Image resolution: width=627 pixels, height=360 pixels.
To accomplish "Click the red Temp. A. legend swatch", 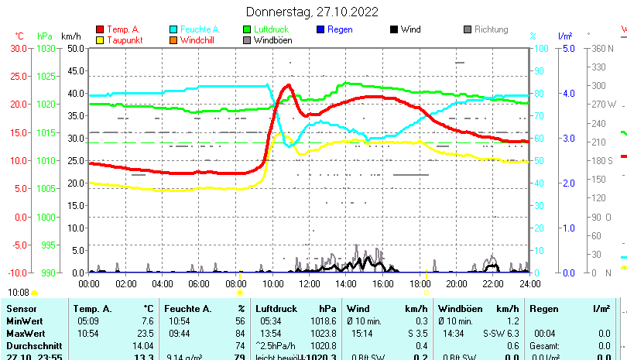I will click(99, 29).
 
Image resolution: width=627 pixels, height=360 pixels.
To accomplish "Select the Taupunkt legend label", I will click(124, 39).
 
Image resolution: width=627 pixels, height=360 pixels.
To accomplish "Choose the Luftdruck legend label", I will click(270, 29).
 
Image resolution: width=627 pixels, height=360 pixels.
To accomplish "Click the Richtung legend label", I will click(491, 29).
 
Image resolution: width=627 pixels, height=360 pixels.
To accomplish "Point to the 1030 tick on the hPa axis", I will click(46, 48).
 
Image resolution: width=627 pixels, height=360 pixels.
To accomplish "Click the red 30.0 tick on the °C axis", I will click(19, 48).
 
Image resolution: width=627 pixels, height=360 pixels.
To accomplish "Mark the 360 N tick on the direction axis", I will click(601, 48).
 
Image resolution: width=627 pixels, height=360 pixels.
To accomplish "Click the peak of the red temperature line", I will click(289, 85).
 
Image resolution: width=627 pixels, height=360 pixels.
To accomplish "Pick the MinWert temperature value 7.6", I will click(147, 321).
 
